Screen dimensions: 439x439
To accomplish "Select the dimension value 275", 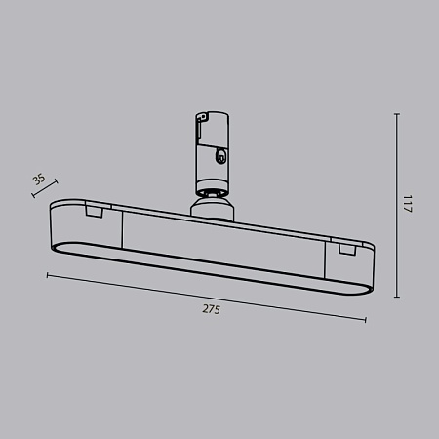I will point(211,309).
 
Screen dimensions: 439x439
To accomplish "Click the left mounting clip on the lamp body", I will point(94,210).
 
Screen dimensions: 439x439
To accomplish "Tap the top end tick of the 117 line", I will point(396,114).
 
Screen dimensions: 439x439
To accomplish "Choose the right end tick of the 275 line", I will point(366,320).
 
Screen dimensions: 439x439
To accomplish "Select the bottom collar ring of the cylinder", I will point(212,186).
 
